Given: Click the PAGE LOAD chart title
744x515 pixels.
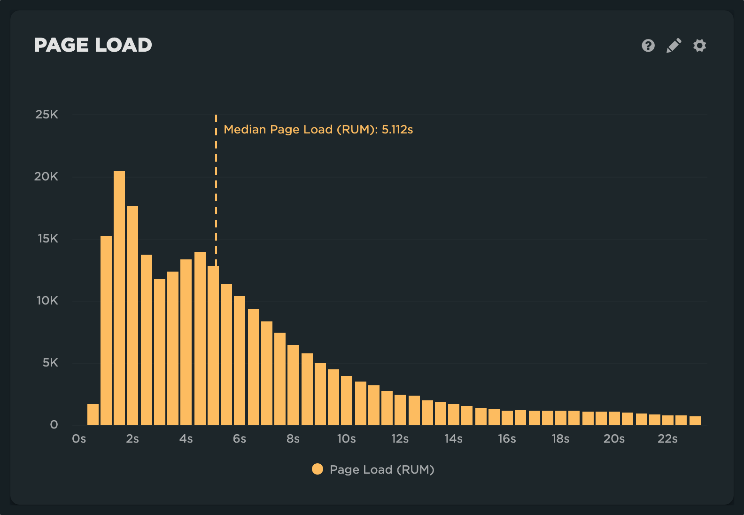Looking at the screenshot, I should (93, 45).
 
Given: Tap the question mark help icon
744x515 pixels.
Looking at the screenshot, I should (648, 46).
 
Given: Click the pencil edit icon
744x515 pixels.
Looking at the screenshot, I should (674, 46).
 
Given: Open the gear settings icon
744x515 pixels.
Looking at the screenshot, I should (699, 46).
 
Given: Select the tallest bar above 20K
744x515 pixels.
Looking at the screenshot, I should (119, 296).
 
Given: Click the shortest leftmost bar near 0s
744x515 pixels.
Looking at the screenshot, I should (93, 414).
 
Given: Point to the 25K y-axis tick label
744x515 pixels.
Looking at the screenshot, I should (46, 115).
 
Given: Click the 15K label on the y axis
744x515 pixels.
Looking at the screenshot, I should (48, 239).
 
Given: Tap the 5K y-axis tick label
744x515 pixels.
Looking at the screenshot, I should (50, 363).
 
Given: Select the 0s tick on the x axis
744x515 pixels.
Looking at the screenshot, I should (79, 439).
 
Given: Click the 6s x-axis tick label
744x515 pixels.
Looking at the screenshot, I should (240, 439).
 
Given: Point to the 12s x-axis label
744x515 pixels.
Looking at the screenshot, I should (400, 439).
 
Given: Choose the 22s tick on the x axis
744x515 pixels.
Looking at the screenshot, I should (667, 439).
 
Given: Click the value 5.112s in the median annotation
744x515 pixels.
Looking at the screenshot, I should (397, 130).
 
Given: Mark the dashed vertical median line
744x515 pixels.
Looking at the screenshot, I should (216, 188).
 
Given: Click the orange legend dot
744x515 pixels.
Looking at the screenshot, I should (318, 469).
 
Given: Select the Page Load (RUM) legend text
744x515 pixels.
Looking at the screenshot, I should (382, 469).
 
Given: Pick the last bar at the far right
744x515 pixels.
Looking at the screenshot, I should (695, 421).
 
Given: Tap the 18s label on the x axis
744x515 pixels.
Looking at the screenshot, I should (560, 439).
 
